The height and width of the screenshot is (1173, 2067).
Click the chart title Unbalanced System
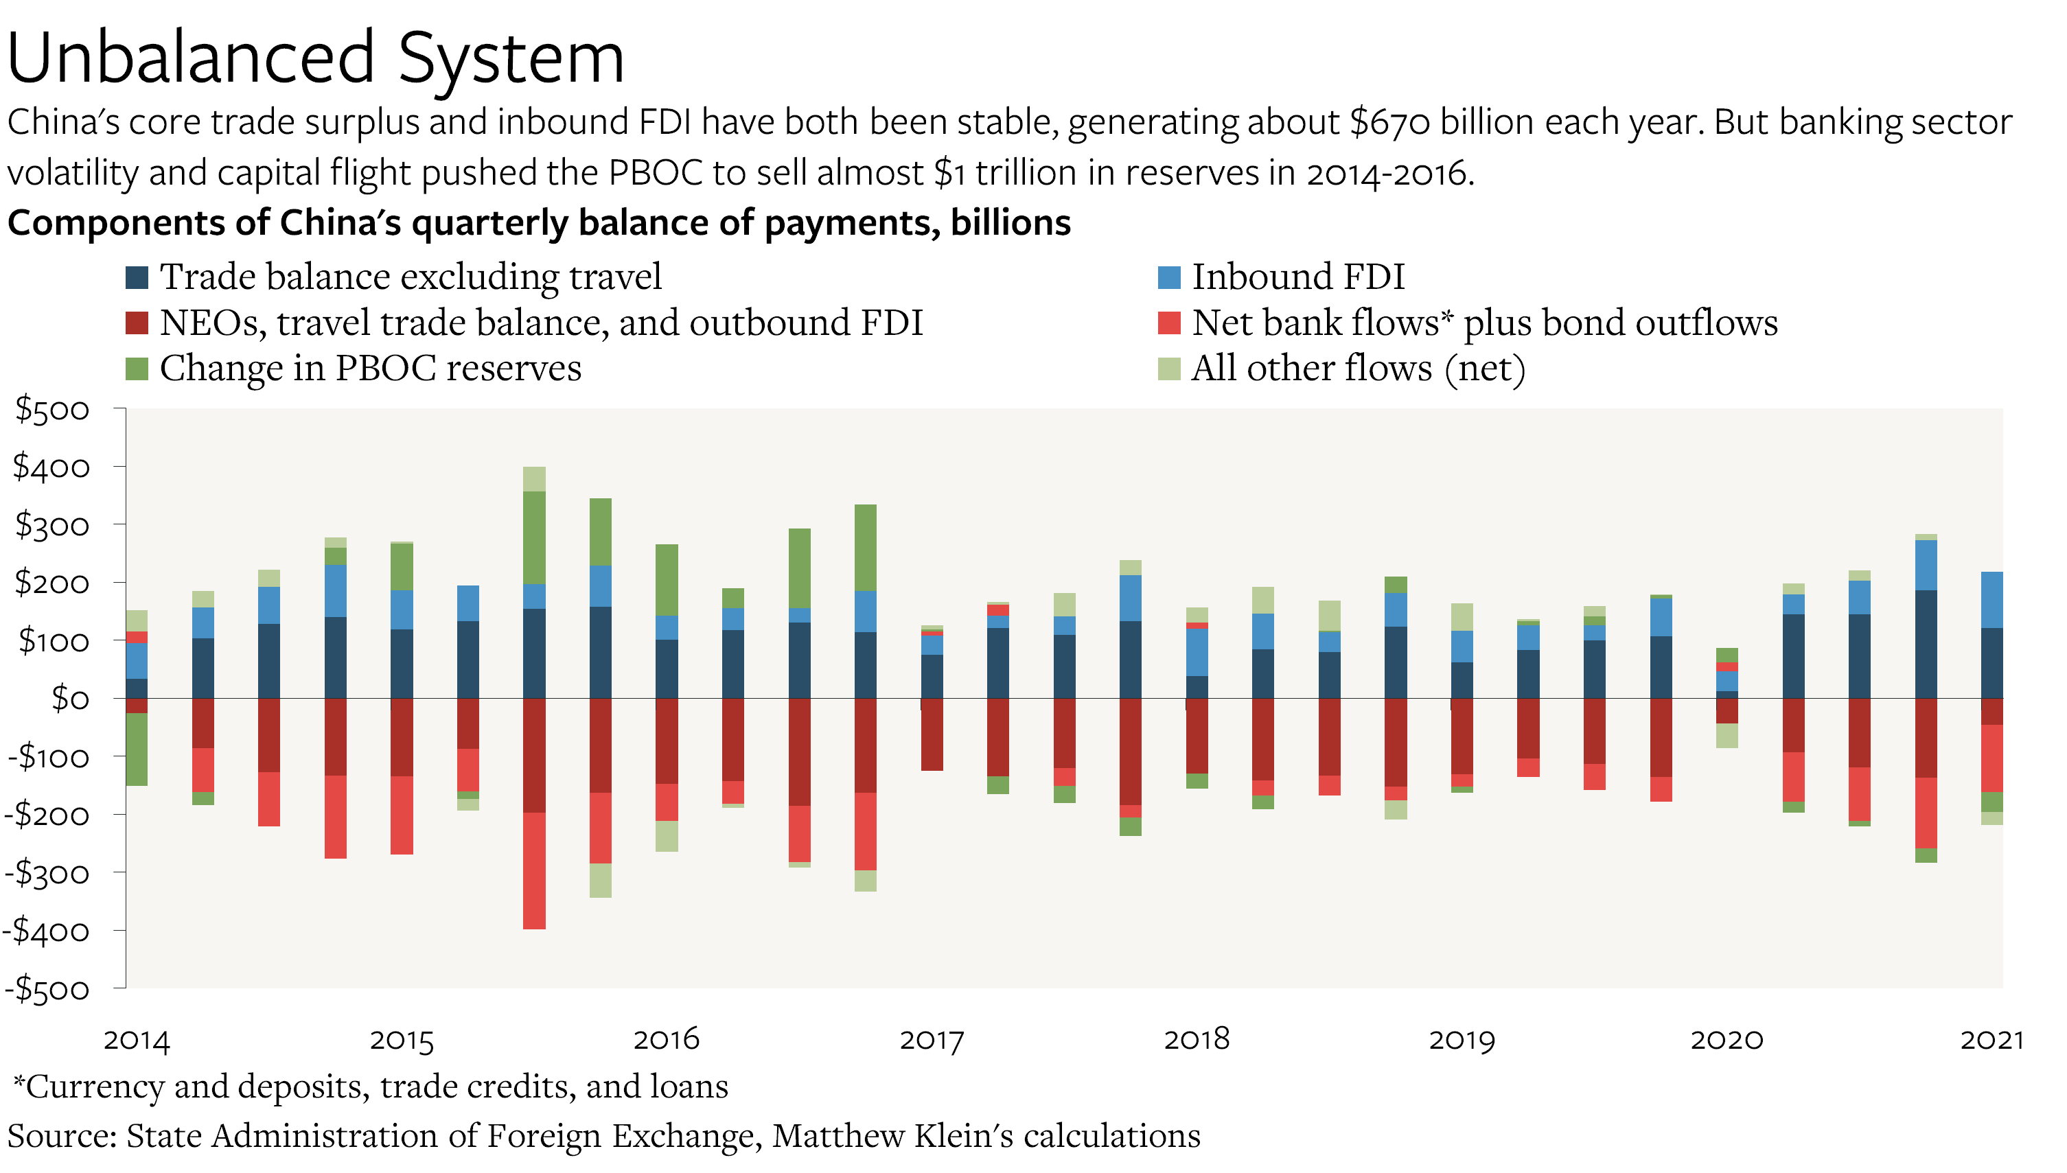pyautogui.click(x=316, y=58)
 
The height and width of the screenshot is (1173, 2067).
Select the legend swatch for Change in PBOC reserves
pyautogui.click(x=137, y=369)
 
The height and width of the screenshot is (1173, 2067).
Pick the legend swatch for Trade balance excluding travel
pyautogui.click(x=137, y=277)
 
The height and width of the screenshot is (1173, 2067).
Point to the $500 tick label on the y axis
pyautogui.click(x=53, y=409)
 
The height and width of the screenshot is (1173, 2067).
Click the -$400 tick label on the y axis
pyautogui.click(x=47, y=931)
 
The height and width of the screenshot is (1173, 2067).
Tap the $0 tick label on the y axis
pyautogui.click(x=70, y=699)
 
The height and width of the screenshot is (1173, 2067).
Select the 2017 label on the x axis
pyautogui.click(x=931, y=1040)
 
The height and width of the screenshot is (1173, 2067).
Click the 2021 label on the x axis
pyautogui.click(x=1991, y=1040)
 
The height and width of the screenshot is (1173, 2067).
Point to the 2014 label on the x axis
pyautogui.click(x=137, y=1040)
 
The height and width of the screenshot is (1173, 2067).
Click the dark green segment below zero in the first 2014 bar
pyautogui.click(x=137, y=750)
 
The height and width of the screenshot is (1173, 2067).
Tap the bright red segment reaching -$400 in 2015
pyautogui.click(x=534, y=870)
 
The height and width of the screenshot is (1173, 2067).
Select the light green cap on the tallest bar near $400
pyautogui.click(x=534, y=478)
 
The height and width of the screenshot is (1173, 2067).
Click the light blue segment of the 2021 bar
pyautogui.click(x=1991, y=599)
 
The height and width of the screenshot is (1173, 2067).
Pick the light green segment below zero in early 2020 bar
pyautogui.click(x=1727, y=736)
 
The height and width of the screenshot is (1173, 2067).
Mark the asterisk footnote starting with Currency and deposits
pyautogui.click(x=371, y=1086)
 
